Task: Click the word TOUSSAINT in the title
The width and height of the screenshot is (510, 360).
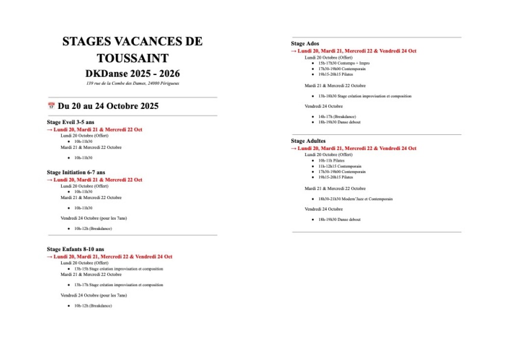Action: [132, 58]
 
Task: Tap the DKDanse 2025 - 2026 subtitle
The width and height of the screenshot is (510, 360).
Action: [132, 74]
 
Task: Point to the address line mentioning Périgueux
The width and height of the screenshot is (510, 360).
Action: [132, 83]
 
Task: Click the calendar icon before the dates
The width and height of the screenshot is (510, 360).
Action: [51, 106]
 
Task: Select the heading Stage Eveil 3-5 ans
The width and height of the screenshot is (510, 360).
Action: [70, 122]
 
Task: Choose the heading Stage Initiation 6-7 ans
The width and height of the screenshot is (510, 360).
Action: [76, 172]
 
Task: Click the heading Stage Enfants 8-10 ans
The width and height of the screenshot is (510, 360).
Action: [76, 249]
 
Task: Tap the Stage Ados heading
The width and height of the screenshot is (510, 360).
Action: [305, 44]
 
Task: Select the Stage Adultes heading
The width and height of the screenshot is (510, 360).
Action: [308, 141]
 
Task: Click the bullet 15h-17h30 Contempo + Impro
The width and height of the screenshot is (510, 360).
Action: [344, 63]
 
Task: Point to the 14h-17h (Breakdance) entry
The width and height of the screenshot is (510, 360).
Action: [337, 117]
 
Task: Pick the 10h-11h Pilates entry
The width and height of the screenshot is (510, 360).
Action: [331, 160]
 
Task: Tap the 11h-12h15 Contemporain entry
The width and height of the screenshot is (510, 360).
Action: [339, 166]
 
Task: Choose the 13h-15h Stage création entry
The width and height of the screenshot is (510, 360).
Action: [119, 269]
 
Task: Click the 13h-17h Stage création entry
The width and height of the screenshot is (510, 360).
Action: [119, 285]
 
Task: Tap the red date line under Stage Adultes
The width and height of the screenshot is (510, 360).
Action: [354, 148]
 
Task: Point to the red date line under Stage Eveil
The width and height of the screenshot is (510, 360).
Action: [95, 129]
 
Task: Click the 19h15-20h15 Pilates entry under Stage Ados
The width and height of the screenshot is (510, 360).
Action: [335, 75]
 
